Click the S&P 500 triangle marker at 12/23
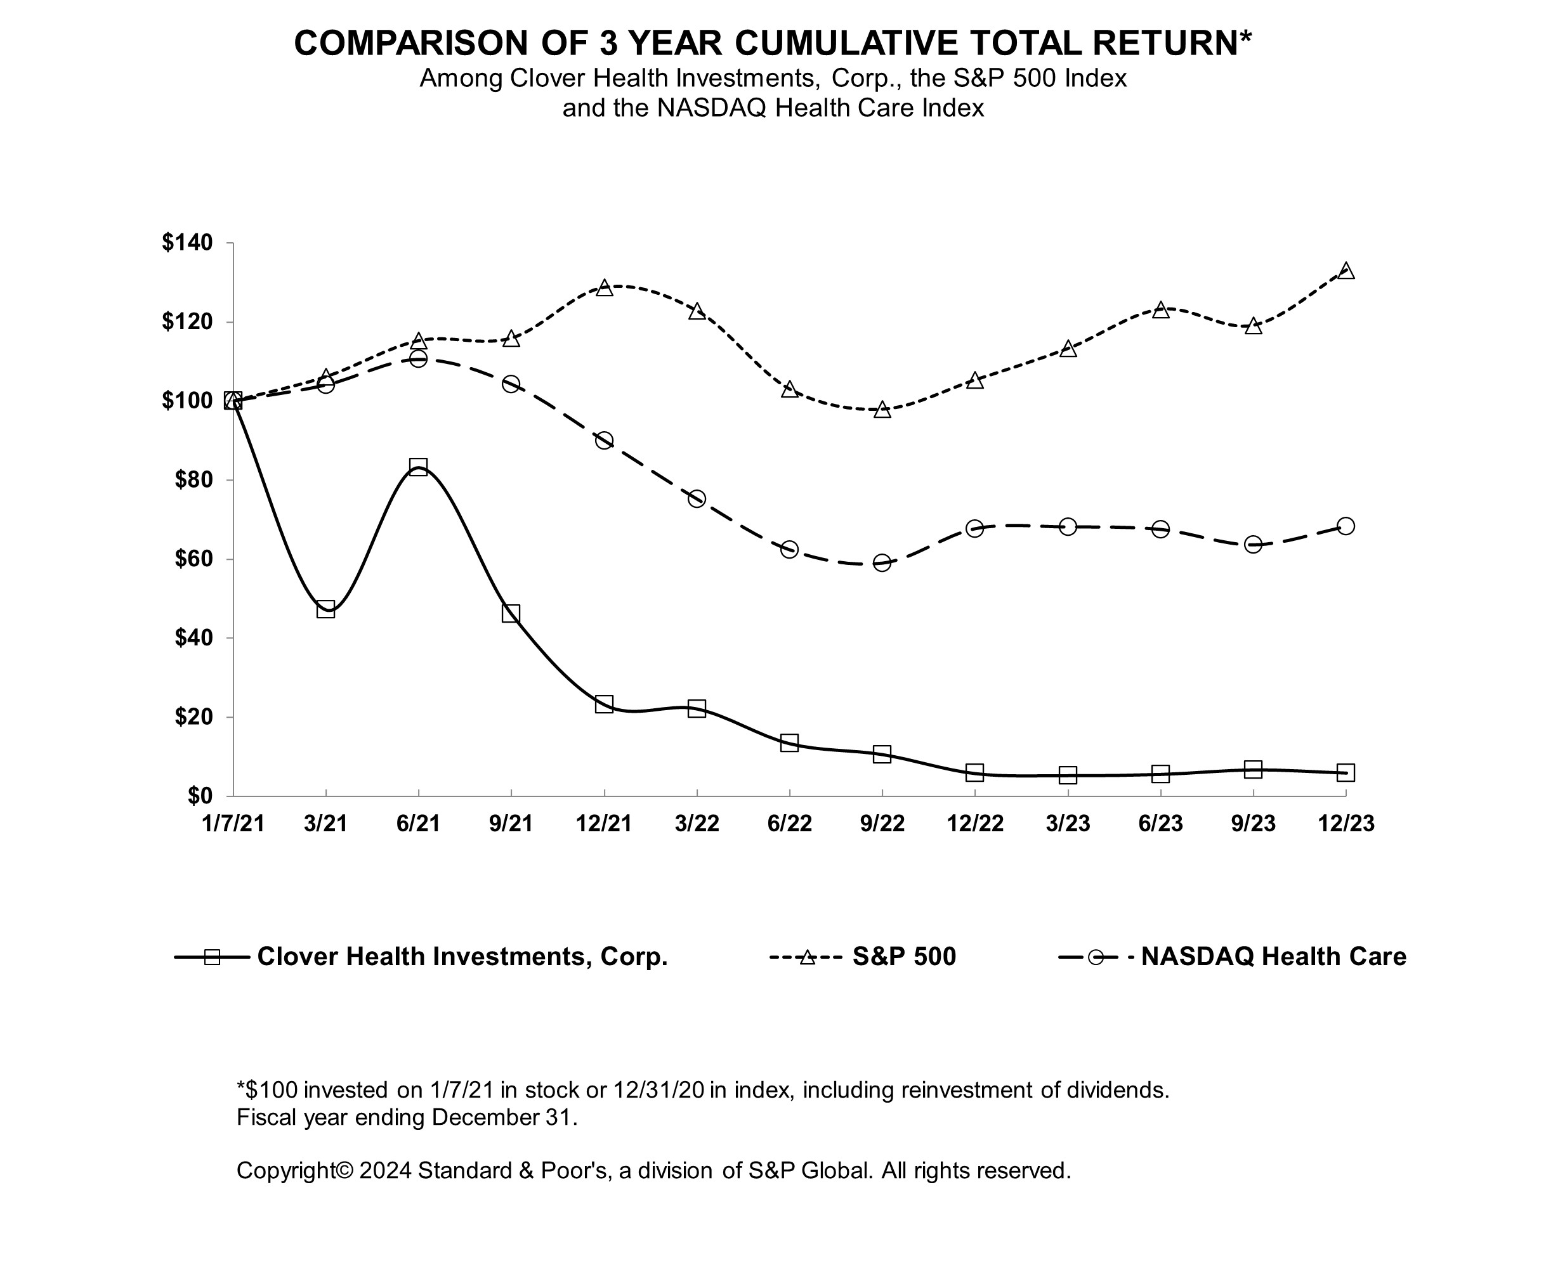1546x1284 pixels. [x=1346, y=271]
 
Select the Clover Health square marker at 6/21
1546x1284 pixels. [x=418, y=467]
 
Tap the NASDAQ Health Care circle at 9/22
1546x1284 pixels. [x=882, y=563]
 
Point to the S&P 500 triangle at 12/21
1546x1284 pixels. [x=605, y=288]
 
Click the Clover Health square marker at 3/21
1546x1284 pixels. [x=325, y=609]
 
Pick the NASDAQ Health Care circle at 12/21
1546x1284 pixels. [x=605, y=441]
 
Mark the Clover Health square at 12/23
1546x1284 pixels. [x=1346, y=772]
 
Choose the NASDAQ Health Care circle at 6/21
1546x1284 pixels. [x=418, y=358]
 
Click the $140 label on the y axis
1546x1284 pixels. [x=187, y=243]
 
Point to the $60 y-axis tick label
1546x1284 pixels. [x=193, y=559]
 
